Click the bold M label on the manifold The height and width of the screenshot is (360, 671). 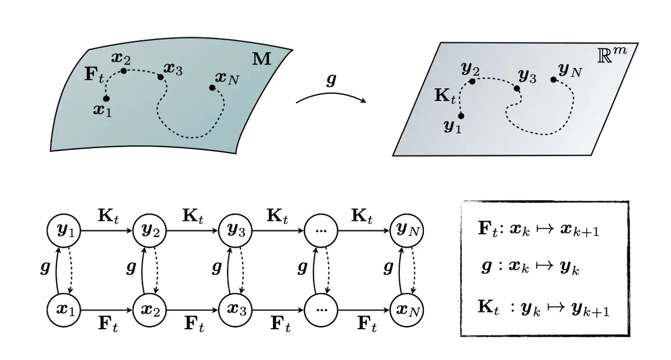pyautogui.click(x=261, y=58)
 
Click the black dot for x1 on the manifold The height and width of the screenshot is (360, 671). pyautogui.click(x=106, y=98)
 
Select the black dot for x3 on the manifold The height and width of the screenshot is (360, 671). pyautogui.click(x=160, y=76)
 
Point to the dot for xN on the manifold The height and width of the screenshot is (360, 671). pyautogui.click(x=212, y=87)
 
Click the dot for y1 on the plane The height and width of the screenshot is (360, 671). pyautogui.click(x=461, y=116)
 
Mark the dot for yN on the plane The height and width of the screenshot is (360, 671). pyautogui.click(x=553, y=79)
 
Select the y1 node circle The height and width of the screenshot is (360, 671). pyautogui.click(x=64, y=230)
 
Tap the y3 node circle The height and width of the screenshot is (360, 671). pyautogui.click(x=236, y=230)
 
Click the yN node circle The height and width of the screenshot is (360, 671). pyautogui.click(x=408, y=230)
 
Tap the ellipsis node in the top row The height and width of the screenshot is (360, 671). pyautogui.click(x=322, y=230)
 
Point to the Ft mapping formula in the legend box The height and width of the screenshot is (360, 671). pyautogui.click(x=539, y=230)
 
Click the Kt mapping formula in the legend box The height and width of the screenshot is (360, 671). pyautogui.click(x=543, y=307)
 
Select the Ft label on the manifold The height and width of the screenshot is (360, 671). pyautogui.click(x=94, y=75)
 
